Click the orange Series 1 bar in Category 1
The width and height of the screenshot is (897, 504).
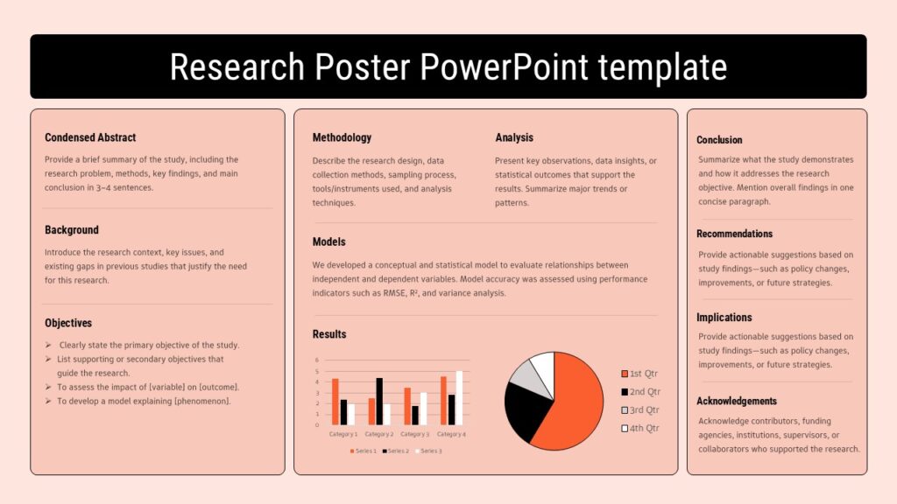(335, 402)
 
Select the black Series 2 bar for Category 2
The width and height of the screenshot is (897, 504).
(379, 401)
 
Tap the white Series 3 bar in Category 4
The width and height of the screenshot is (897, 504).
(459, 398)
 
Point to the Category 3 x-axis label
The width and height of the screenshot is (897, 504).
(414, 434)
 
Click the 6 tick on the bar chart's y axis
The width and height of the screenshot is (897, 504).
(317, 360)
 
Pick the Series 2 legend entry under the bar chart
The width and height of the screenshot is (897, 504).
(396, 451)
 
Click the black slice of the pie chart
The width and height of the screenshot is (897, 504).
(525, 411)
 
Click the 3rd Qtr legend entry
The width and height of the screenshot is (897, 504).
(640, 410)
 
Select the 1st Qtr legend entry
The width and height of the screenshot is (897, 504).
(639, 374)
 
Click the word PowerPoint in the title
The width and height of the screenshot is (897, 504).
(504, 66)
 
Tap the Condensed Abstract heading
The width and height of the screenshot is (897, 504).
(90, 137)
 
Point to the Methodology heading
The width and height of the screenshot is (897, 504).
(342, 137)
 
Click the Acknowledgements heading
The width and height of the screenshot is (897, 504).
(736, 401)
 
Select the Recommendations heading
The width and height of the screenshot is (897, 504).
(735, 234)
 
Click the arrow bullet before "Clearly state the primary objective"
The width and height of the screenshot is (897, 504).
(48, 345)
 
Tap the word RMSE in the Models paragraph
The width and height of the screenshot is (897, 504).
(394, 293)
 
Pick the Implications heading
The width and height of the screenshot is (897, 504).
(724, 318)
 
